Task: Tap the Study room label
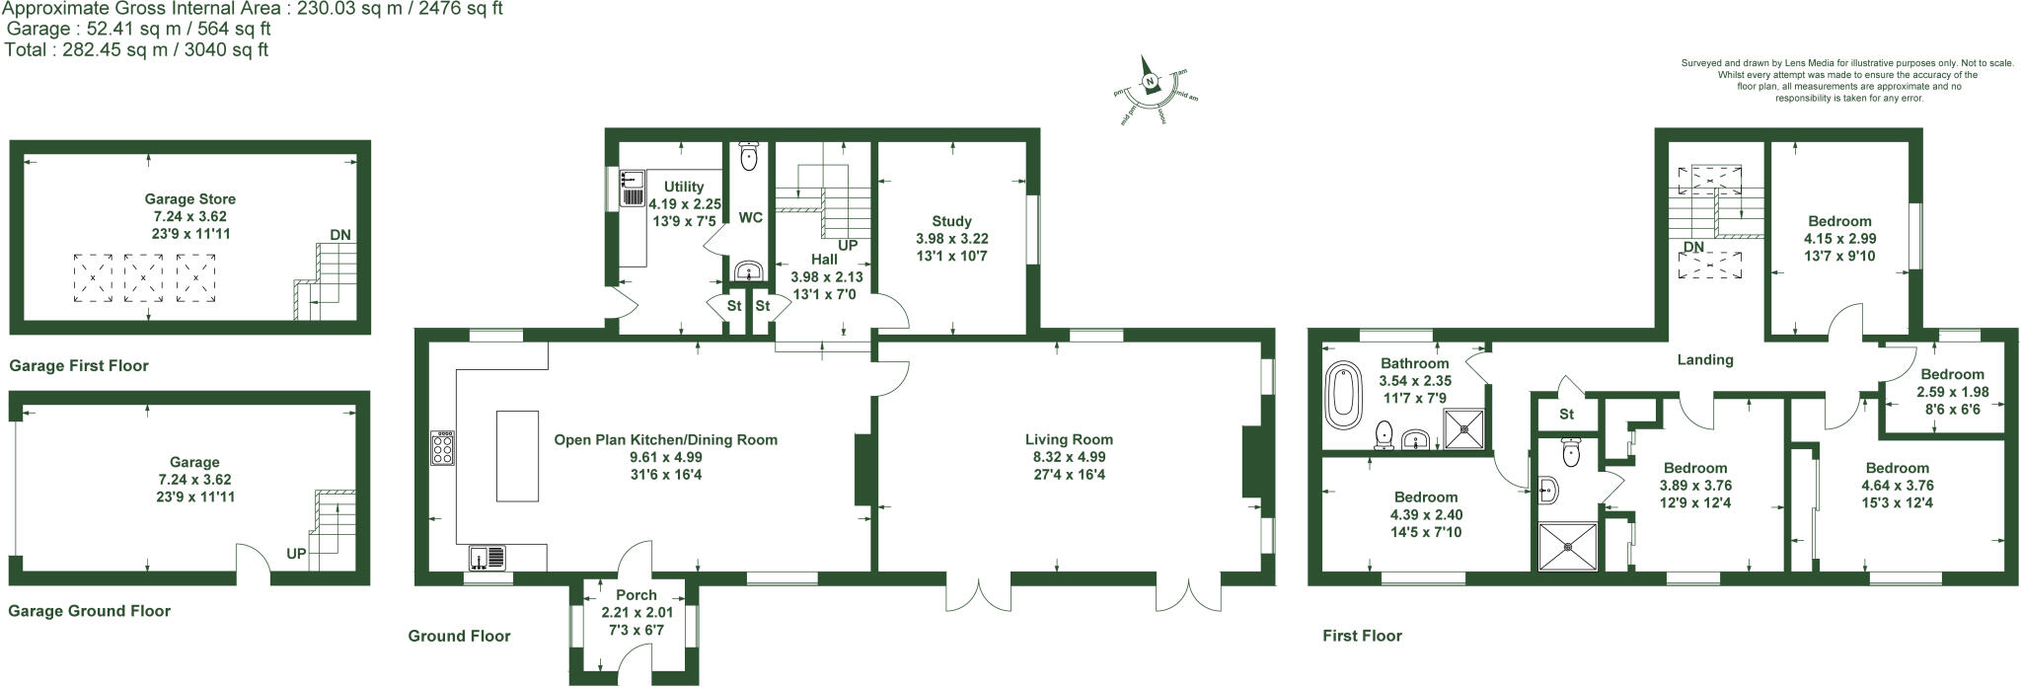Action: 951,221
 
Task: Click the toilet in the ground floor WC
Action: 748,155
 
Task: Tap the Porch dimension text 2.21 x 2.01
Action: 636,612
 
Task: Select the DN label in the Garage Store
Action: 339,235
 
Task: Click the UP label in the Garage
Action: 296,554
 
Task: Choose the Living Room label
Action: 1069,440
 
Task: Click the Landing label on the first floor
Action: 1705,360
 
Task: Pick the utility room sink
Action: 632,179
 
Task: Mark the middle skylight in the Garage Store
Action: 144,277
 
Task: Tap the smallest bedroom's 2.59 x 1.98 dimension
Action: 1952,392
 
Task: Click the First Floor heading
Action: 1362,636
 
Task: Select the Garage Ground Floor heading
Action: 90,611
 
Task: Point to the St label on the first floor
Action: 1566,415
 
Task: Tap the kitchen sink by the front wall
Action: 488,559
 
